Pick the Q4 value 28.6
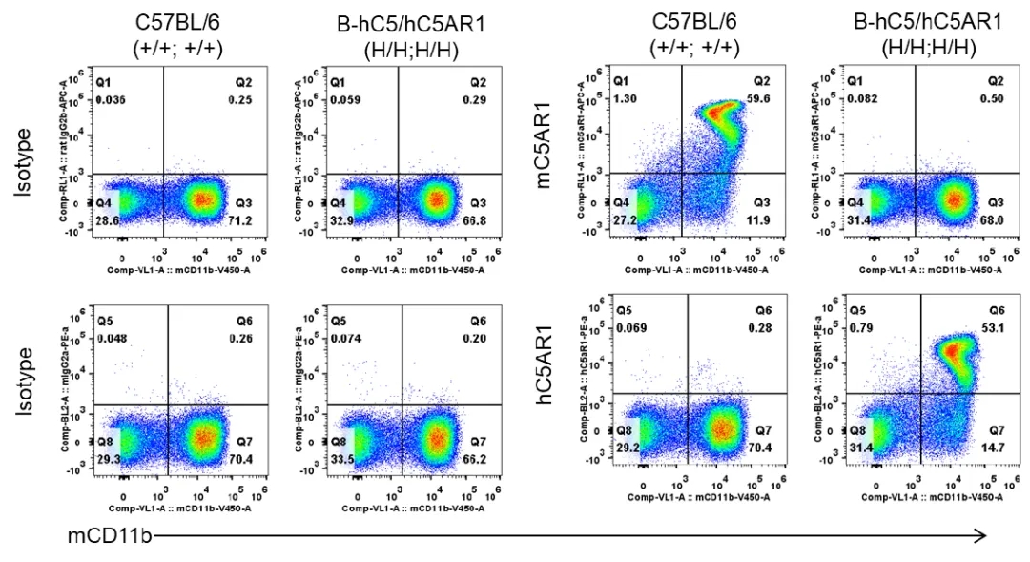(x=109, y=219)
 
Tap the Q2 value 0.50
(x=993, y=98)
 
